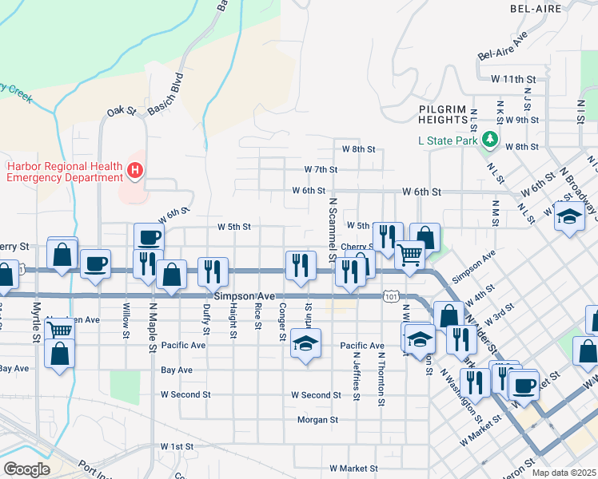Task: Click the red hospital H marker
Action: (x=135, y=170)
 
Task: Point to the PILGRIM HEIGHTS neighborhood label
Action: (x=442, y=113)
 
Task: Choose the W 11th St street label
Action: (x=512, y=79)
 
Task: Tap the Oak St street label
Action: (x=122, y=111)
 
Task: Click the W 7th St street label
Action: (x=321, y=169)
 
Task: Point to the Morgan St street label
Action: (x=318, y=419)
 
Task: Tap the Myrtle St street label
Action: (x=36, y=322)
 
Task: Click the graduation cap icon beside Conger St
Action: (x=305, y=344)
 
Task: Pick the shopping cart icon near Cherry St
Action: (x=410, y=255)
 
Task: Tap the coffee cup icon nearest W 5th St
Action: (x=149, y=237)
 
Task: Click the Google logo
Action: (x=26, y=469)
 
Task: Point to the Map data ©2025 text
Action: (x=564, y=473)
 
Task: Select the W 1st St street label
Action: (x=177, y=445)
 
